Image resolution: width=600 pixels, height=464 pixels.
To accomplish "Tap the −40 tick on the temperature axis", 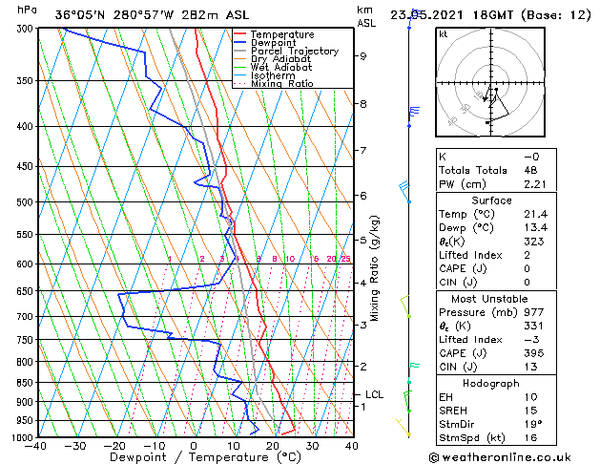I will [x=36, y=445].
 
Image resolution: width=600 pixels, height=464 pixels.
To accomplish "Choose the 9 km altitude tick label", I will [x=362, y=56].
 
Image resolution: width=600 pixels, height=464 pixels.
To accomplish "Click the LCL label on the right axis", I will [x=375, y=394].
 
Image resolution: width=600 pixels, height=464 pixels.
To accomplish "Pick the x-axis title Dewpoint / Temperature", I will [x=192, y=457].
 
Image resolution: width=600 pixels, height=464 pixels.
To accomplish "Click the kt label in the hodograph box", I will [x=444, y=33].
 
